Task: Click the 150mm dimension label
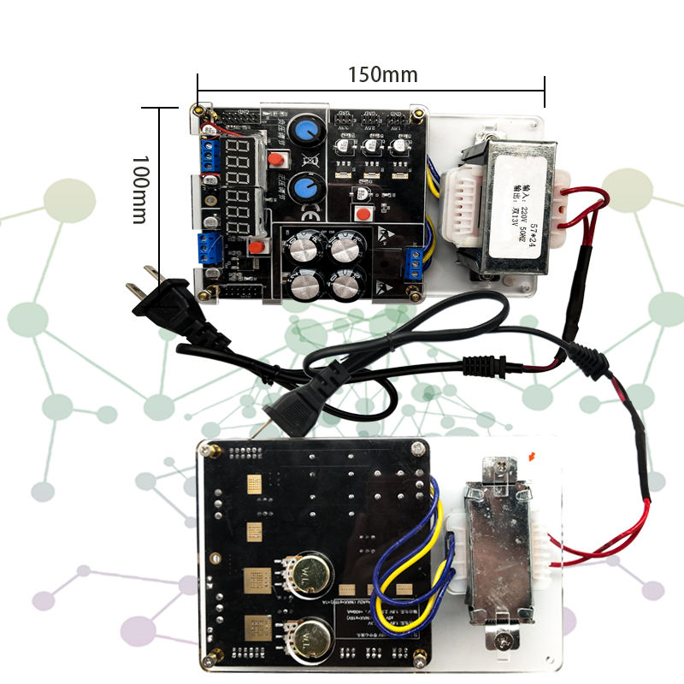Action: tap(382, 74)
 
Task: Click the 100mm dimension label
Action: tap(140, 189)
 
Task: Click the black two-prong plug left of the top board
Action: tap(166, 302)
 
